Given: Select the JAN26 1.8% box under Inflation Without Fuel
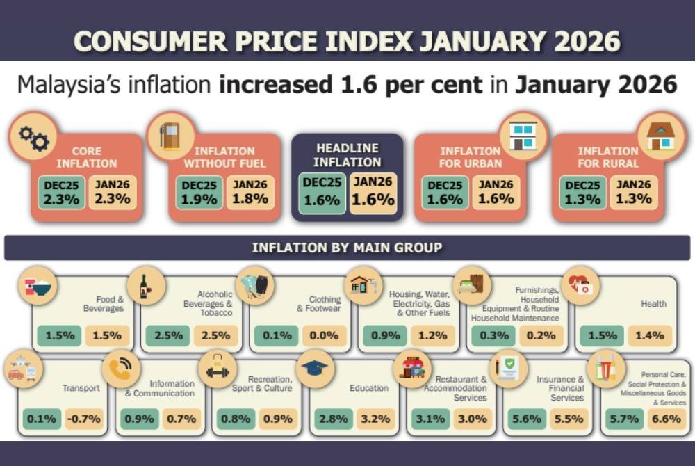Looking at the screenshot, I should [250, 193].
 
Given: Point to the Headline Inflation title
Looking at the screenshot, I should [347, 155].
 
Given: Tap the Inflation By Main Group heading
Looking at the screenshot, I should [347, 248].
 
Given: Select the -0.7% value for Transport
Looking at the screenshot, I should [83, 419].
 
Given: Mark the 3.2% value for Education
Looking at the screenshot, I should [375, 419].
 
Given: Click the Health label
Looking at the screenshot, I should [653, 304].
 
